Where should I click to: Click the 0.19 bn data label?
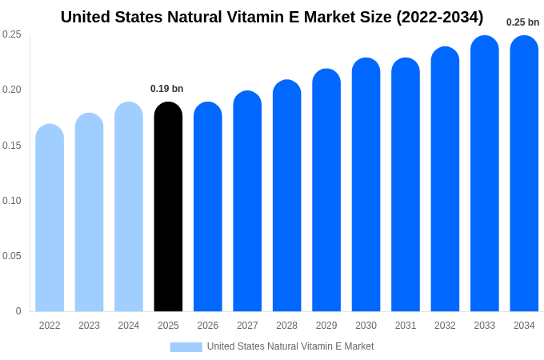click(x=166, y=89)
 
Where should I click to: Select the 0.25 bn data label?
click(x=522, y=22)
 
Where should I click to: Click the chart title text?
click(x=272, y=17)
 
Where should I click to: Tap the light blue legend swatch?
click(x=186, y=347)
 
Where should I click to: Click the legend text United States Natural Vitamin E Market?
click(x=290, y=346)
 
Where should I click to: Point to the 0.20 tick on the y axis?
click(x=12, y=90)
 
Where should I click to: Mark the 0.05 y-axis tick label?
click(x=12, y=256)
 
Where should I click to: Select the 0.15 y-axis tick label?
click(x=12, y=146)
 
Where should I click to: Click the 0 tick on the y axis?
click(x=18, y=311)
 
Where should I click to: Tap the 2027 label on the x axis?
click(x=247, y=326)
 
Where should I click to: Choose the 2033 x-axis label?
click(x=485, y=326)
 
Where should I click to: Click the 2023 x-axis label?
click(x=89, y=326)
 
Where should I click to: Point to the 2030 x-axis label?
click(x=366, y=326)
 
